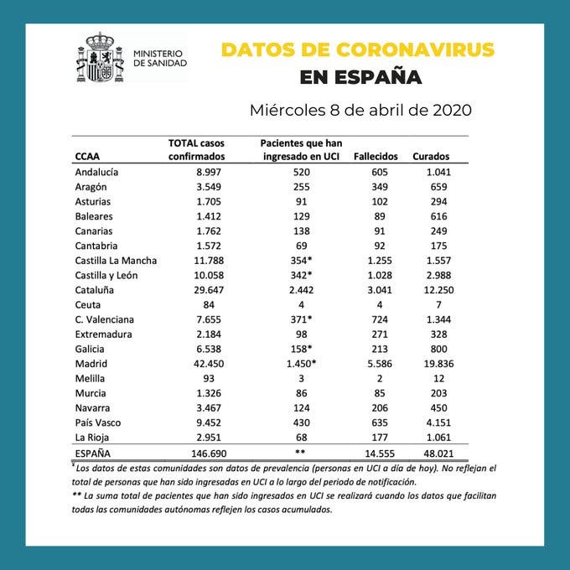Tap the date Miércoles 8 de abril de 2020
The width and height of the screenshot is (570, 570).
[360, 111]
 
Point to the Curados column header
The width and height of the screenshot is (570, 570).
[431, 157]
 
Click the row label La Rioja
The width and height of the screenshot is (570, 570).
[94, 436]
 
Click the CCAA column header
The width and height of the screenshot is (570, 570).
[89, 157]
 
